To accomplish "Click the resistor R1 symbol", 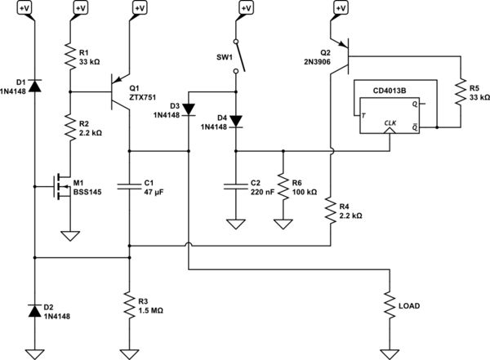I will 69,56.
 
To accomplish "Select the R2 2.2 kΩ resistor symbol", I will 69,126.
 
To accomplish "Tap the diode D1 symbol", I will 35,83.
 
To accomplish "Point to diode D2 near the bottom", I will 35,310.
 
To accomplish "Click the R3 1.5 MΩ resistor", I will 128,307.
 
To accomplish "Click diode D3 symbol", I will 188,108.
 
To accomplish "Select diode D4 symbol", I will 236,121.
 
